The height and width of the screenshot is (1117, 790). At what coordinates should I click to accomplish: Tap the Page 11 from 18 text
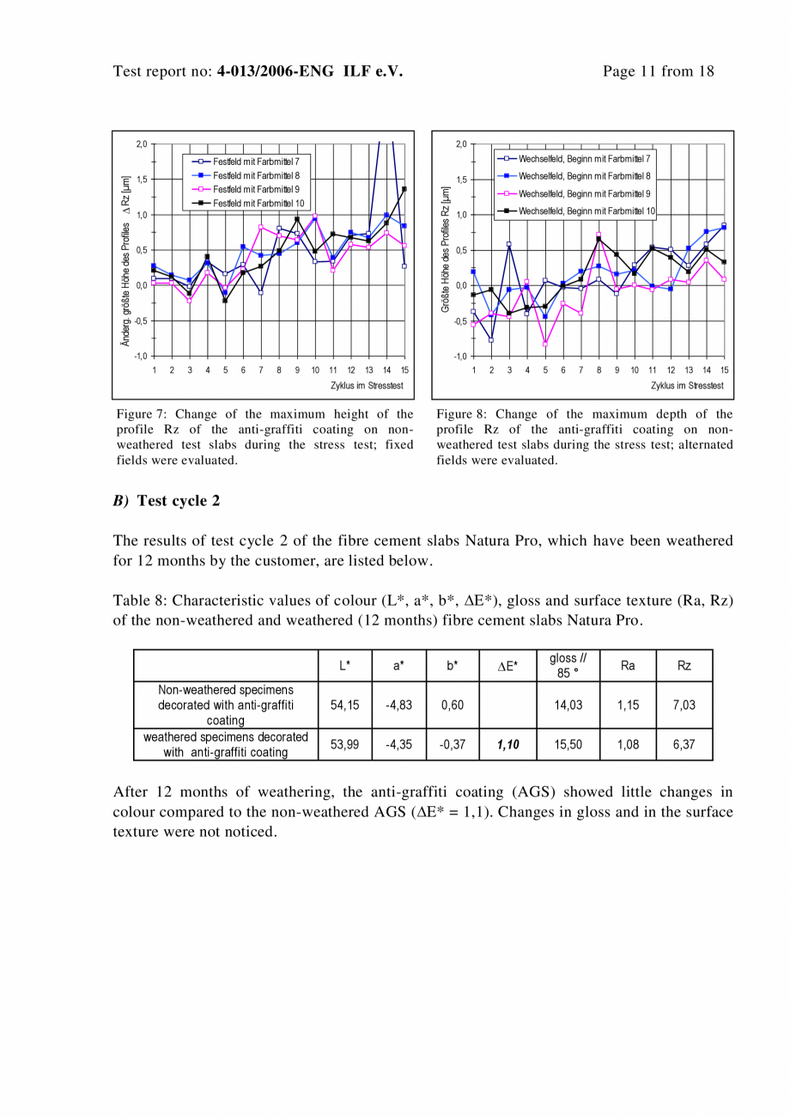pos(659,71)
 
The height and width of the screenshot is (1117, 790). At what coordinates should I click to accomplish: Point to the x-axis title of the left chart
pos(368,386)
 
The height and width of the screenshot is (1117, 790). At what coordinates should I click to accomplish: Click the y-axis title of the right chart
pos(447,247)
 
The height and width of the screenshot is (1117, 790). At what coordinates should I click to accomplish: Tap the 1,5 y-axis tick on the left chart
pos(142,180)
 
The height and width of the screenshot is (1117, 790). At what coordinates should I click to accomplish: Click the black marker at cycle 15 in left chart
pos(404,189)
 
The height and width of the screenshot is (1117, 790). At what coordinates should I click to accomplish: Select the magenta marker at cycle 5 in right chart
pos(545,344)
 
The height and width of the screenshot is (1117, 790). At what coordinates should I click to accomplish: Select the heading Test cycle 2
pos(179,501)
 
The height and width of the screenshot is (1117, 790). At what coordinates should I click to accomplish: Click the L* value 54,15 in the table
pos(345,705)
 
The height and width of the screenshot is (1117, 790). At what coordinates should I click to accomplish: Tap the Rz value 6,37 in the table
pos(684,745)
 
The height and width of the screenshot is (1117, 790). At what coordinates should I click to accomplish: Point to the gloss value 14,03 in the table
pos(568,705)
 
